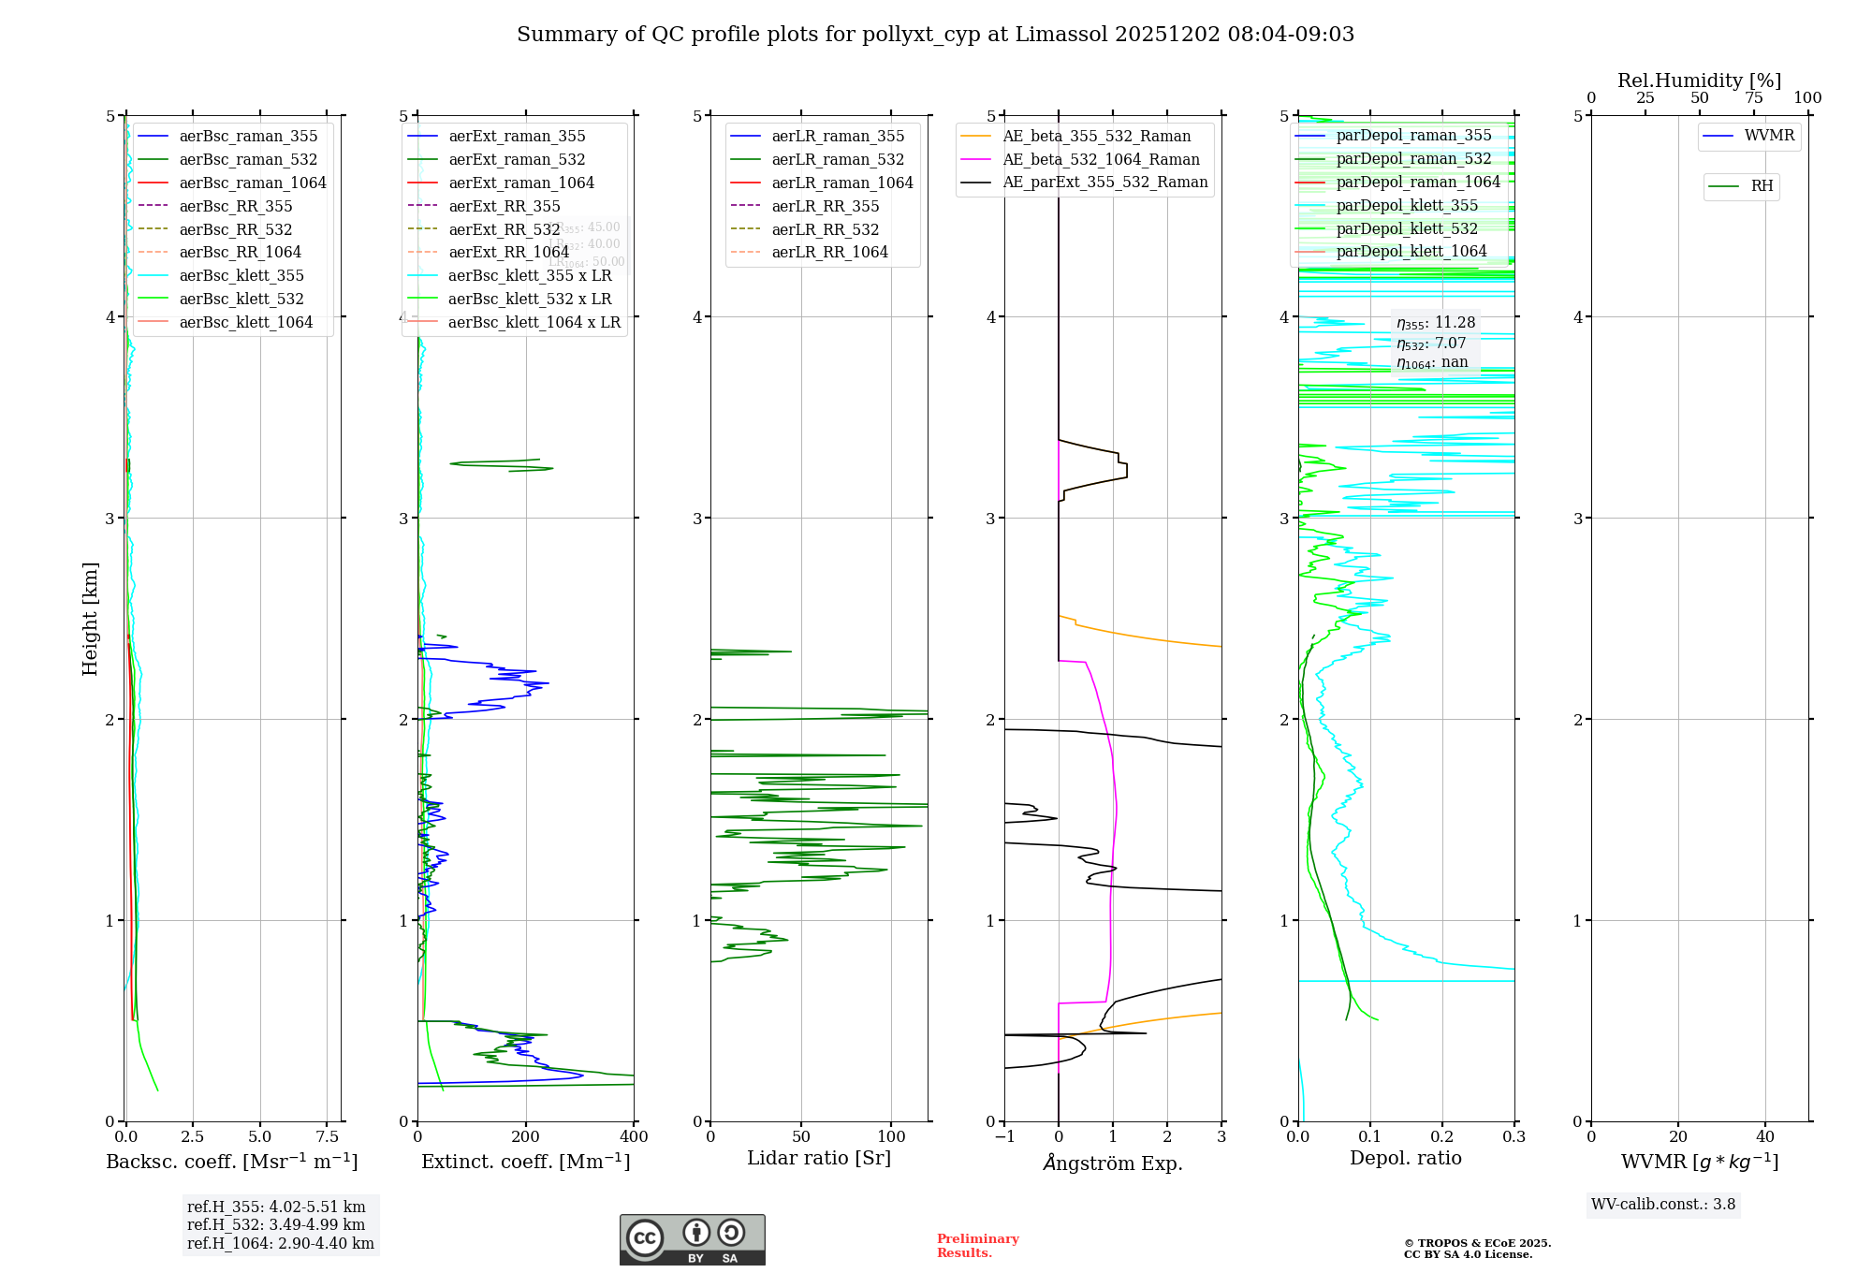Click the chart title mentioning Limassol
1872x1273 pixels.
935,35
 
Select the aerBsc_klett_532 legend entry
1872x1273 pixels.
241,299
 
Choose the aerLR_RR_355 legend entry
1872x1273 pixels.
825,206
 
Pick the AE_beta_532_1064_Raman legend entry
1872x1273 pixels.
1101,159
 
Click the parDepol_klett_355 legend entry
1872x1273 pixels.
1407,205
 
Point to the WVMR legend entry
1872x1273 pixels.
1769,136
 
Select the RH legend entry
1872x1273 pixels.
1762,186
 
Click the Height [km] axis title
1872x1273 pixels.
90,618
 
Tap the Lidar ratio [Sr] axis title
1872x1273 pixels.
819,1158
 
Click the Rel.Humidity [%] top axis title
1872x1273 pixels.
1699,80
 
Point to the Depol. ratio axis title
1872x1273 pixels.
1405,1158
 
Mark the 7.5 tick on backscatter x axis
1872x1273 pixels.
327,1136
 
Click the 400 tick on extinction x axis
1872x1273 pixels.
634,1136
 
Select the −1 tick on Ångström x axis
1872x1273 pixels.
1004,1136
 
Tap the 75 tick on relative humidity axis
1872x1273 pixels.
1753,97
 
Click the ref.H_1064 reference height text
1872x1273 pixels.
280,1243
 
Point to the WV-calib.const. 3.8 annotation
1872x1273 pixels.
1663,1204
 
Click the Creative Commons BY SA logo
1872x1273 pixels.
692,1239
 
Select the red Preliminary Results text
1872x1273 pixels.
977,1245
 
